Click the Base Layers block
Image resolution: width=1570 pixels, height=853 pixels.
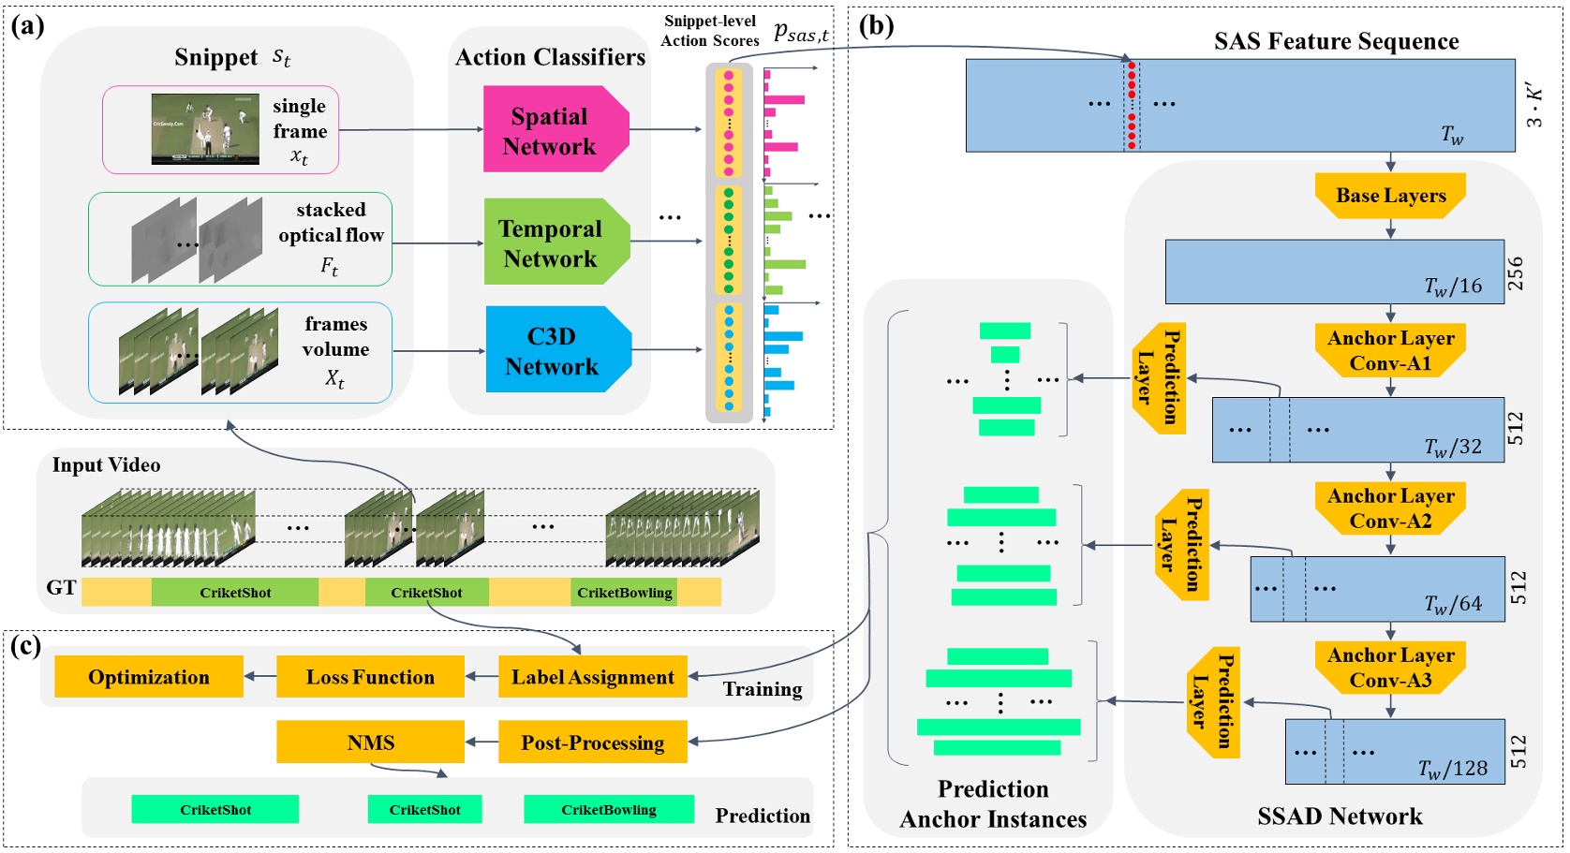(1390, 196)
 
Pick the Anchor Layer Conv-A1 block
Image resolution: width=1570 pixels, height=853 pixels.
(1390, 350)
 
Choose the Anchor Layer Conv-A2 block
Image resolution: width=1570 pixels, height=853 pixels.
(1390, 508)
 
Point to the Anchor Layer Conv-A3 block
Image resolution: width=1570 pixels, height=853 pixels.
(1390, 668)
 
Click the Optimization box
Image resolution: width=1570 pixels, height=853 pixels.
(149, 677)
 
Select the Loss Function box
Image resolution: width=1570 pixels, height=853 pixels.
(370, 677)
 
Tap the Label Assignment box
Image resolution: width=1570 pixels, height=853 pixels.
(592, 677)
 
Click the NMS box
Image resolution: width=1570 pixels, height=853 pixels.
(370, 743)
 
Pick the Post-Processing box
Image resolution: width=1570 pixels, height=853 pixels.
(592, 743)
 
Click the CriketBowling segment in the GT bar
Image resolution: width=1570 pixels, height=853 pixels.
(624, 593)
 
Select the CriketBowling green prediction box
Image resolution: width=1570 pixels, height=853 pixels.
(609, 810)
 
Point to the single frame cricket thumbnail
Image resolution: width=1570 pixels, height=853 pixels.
(205, 129)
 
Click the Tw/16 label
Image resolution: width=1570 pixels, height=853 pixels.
(1453, 287)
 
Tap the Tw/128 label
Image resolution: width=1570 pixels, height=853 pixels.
(1452, 770)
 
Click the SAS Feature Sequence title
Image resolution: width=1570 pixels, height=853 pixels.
(1336, 41)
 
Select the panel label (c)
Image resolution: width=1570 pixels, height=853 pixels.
(26, 646)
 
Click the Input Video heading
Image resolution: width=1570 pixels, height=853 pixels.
(106, 465)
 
